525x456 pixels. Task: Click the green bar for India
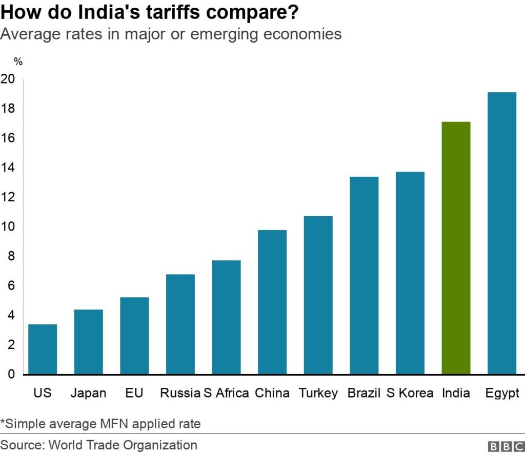coord(456,248)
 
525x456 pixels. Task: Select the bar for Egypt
coord(501,233)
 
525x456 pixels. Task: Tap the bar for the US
coord(43,349)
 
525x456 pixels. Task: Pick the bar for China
coord(272,302)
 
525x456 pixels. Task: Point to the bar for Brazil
coord(364,275)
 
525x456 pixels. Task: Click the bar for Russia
coord(180,324)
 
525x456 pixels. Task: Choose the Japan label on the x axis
coord(89,393)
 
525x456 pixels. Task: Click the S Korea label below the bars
coord(410,393)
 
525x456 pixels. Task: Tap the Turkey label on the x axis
coord(318,393)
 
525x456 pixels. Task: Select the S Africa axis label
coord(226,393)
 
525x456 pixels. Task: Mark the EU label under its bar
coord(134,393)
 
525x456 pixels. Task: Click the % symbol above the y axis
coord(18,62)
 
